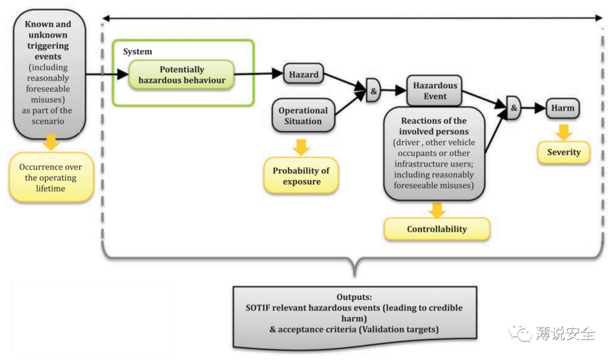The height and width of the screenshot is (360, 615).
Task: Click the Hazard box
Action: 304,73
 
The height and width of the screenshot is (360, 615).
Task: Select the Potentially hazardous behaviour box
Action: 182,75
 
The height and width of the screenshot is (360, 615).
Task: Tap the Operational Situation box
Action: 303,116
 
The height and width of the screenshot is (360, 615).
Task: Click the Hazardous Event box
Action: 434,91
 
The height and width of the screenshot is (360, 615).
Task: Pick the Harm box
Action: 563,108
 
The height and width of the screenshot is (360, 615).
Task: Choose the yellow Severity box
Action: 564,152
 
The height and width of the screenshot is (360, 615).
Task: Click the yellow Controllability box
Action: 437,229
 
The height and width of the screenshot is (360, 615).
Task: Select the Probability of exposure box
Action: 301,176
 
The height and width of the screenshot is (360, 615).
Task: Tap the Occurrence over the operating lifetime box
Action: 51,178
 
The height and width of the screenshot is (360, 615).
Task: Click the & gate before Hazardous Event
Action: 373,90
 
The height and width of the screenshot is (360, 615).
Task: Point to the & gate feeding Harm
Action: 513,108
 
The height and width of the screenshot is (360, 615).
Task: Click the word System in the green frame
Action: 137,51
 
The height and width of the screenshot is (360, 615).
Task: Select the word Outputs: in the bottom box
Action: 354,297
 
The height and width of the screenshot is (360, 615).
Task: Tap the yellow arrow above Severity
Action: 564,133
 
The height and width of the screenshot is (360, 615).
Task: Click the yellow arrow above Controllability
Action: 437,210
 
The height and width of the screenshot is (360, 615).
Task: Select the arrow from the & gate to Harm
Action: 534,108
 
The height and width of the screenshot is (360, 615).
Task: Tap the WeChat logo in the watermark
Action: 520,333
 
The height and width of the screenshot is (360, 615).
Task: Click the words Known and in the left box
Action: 48,24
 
